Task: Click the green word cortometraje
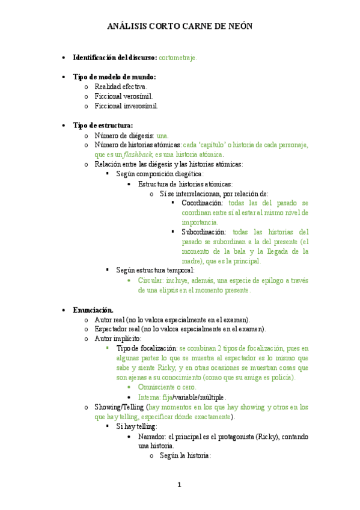177,58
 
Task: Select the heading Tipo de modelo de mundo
114,77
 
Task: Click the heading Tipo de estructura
103,125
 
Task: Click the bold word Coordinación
202,203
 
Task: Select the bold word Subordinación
204,232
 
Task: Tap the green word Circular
150,280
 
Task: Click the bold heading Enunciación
93,310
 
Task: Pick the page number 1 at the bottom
179,485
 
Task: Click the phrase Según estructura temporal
155,271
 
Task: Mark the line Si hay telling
136,426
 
